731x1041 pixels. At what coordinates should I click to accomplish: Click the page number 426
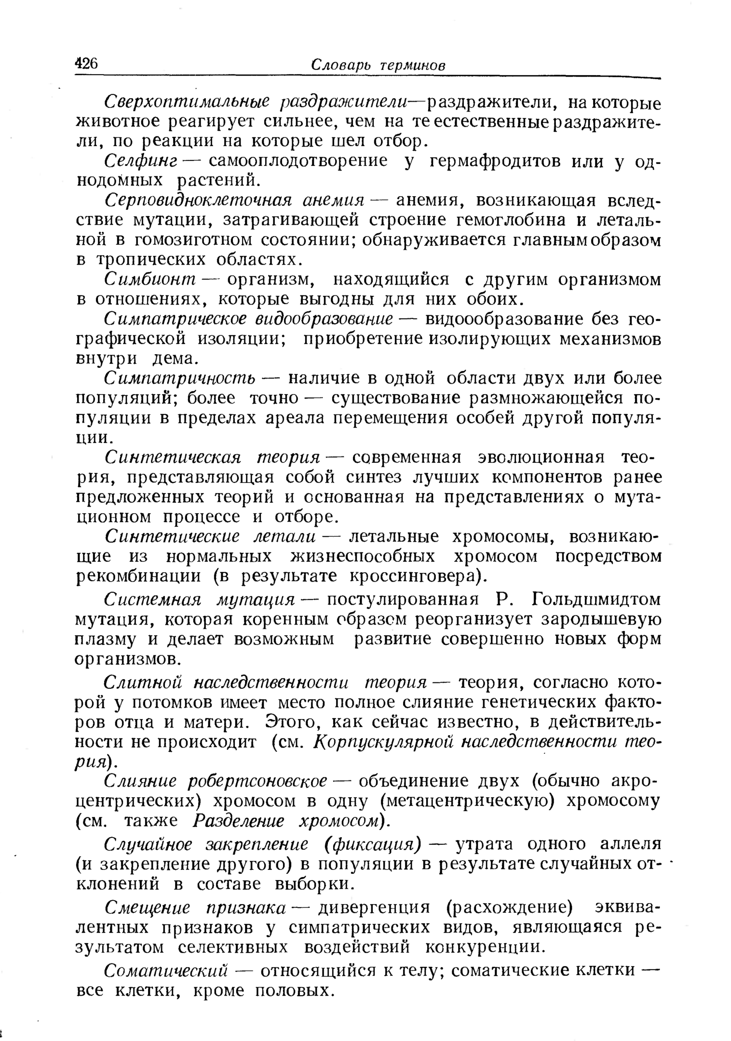pos(87,63)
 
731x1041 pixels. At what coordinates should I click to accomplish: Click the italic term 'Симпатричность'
pos(180,379)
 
